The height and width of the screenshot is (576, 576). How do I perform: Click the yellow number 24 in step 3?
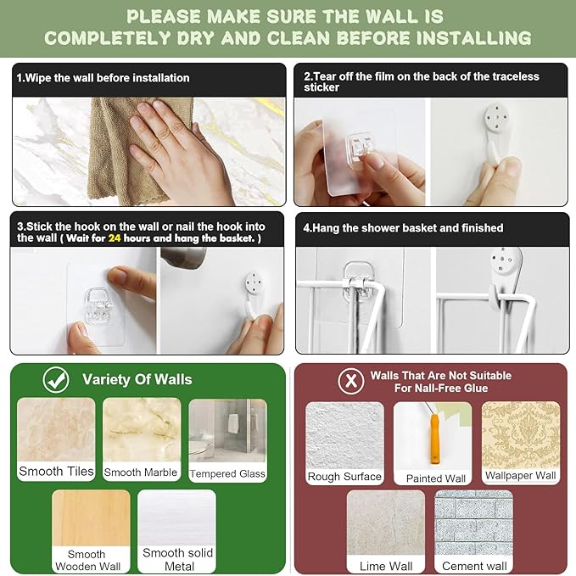tap(115, 238)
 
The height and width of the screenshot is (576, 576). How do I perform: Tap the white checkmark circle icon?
tap(56, 380)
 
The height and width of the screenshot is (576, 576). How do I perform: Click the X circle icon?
tap(351, 381)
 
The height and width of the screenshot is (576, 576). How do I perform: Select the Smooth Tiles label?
tap(56, 472)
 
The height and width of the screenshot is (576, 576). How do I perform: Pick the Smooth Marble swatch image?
tap(142, 429)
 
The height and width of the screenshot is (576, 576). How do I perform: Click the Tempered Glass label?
tap(227, 474)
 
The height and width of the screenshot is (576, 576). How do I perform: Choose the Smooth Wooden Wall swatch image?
tap(91, 518)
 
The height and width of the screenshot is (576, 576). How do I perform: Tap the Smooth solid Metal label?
tap(178, 559)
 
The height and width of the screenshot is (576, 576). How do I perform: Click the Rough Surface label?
tap(344, 477)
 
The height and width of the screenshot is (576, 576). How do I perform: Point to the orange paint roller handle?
tap(434, 439)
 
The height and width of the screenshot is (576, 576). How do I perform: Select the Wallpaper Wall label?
tap(521, 475)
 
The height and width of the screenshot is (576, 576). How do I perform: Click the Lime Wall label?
tap(386, 566)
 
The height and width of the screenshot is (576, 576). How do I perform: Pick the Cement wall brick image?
tap(473, 523)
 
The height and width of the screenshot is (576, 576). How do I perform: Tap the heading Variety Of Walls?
tap(137, 379)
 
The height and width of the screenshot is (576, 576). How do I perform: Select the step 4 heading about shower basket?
tap(403, 227)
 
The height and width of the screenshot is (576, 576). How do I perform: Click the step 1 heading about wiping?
tap(103, 78)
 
